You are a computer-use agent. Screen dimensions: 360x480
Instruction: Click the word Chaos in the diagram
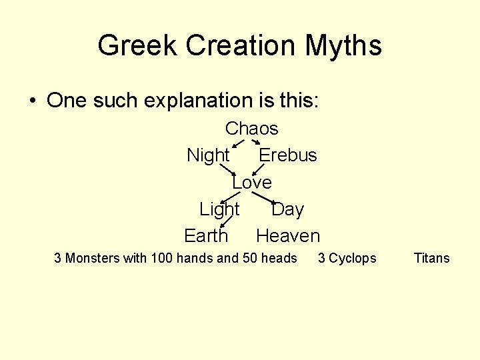(x=251, y=128)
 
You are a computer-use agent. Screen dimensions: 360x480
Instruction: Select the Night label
(x=208, y=155)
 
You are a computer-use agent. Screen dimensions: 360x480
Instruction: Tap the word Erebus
(x=287, y=155)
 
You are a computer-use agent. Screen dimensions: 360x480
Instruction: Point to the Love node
(x=251, y=182)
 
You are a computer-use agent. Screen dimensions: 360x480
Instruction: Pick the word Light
(x=219, y=209)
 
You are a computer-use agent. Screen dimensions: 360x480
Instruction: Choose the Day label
(x=287, y=209)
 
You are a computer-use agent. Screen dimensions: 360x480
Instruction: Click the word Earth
(x=206, y=236)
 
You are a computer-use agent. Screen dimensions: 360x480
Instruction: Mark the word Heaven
(x=288, y=236)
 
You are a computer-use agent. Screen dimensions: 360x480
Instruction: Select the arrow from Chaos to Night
(x=237, y=143)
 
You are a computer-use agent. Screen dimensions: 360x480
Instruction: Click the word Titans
(x=432, y=258)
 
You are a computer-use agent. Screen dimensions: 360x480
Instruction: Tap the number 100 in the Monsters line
(x=162, y=258)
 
